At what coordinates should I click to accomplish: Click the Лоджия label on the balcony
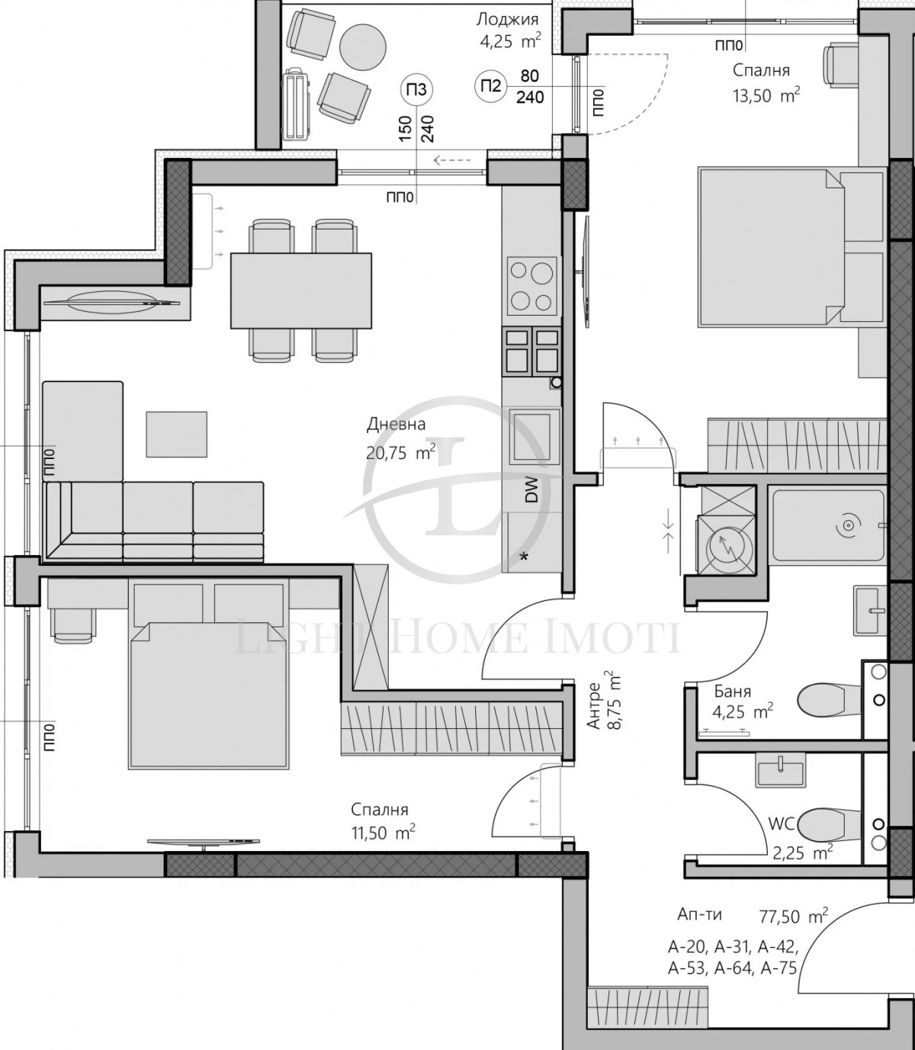tap(507, 20)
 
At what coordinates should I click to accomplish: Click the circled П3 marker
tap(417, 90)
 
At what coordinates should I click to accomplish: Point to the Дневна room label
tap(396, 425)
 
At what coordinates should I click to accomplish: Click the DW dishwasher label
tap(531, 489)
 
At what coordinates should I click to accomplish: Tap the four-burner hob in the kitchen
tap(531, 285)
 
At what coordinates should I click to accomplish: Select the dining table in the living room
tap(301, 290)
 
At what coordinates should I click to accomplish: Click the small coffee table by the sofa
tap(176, 434)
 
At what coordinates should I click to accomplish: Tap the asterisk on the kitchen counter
tap(524, 558)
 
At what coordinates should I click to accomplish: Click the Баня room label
tap(732, 692)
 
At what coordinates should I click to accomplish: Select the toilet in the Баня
tap(828, 698)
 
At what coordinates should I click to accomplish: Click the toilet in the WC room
tap(828, 824)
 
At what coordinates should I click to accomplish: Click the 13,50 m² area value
tap(766, 95)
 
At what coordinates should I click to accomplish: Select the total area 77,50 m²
tap(793, 916)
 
